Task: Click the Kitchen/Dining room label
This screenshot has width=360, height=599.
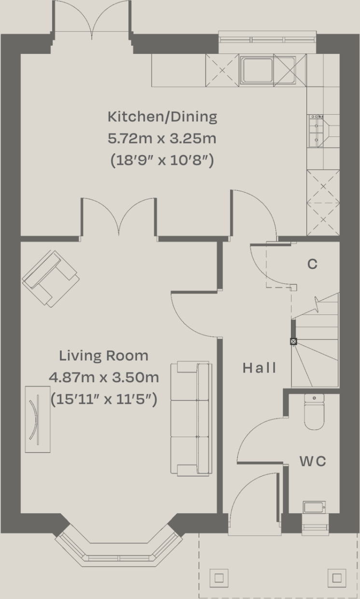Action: tap(162, 117)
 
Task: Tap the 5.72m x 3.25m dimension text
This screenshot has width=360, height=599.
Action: tap(162, 139)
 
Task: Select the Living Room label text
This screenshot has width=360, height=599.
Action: tap(104, 356)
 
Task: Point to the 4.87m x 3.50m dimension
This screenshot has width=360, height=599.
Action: tap(104, 377)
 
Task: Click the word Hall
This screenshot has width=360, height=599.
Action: tap(260, 368)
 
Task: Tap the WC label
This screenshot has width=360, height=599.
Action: tap(313, 461)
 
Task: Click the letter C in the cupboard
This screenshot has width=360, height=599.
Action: tap(313, 264)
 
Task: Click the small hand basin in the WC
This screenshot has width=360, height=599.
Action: tap(314, 507)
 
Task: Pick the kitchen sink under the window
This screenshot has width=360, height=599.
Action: tap(257, 70)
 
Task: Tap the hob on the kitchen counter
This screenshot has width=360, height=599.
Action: tap(317, 131)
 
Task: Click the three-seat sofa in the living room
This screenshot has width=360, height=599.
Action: tap(192, 418)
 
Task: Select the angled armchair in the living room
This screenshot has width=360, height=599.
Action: tap(50, 278)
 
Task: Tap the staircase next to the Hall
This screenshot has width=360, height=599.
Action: tap(316, 342)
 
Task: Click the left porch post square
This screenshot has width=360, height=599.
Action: tap(219, 576)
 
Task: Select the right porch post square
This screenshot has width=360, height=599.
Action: tap(336, 576)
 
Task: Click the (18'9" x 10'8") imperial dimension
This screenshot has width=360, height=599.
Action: tap(162, 160)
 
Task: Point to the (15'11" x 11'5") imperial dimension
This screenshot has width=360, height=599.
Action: tap(104, 399)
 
